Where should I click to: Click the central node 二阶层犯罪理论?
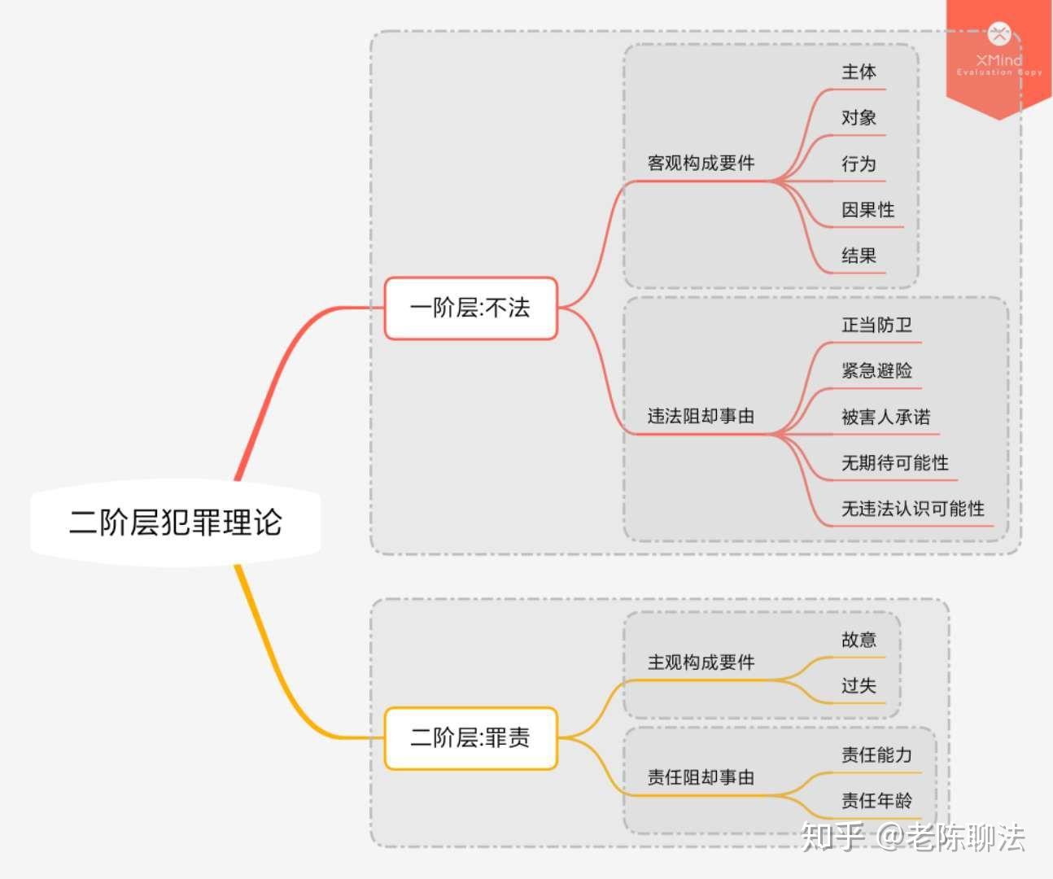tap(175, 523)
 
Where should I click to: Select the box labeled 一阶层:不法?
tap(470, 308)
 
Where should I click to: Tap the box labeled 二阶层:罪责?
tap(470, 738)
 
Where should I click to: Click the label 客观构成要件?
tap(701, 163)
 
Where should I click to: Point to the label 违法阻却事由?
tap(701, 417)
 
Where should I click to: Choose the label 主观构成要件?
tap(701, 663)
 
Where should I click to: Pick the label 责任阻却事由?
tap(701, 777)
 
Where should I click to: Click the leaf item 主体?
tap(859, 72)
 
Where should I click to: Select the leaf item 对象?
tap(859, 118)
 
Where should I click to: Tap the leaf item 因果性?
tap(867, 210)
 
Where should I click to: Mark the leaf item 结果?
tap(859, 256)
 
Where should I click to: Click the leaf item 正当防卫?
tap(876, 326)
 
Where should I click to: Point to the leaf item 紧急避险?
tap(876, 371)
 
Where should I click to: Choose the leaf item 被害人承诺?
tap(885, 418)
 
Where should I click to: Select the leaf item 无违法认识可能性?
tap(912, 509)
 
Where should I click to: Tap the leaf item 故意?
tap(859, 640)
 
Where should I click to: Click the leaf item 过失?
tap(859, 685)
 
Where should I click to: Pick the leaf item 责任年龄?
tap(876, 801)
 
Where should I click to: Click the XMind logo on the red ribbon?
tap(998, 35)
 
